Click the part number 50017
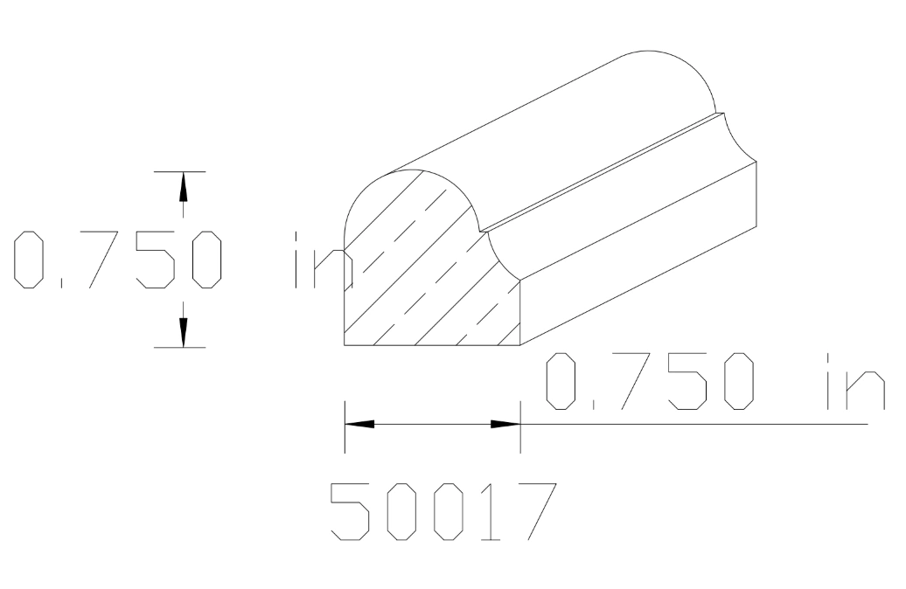(443, 510)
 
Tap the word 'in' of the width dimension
(854, 381)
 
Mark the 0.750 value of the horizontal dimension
(647, 381)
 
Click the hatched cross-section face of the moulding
(420, 288)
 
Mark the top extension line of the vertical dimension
(180, 172)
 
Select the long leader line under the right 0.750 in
(700, 424)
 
